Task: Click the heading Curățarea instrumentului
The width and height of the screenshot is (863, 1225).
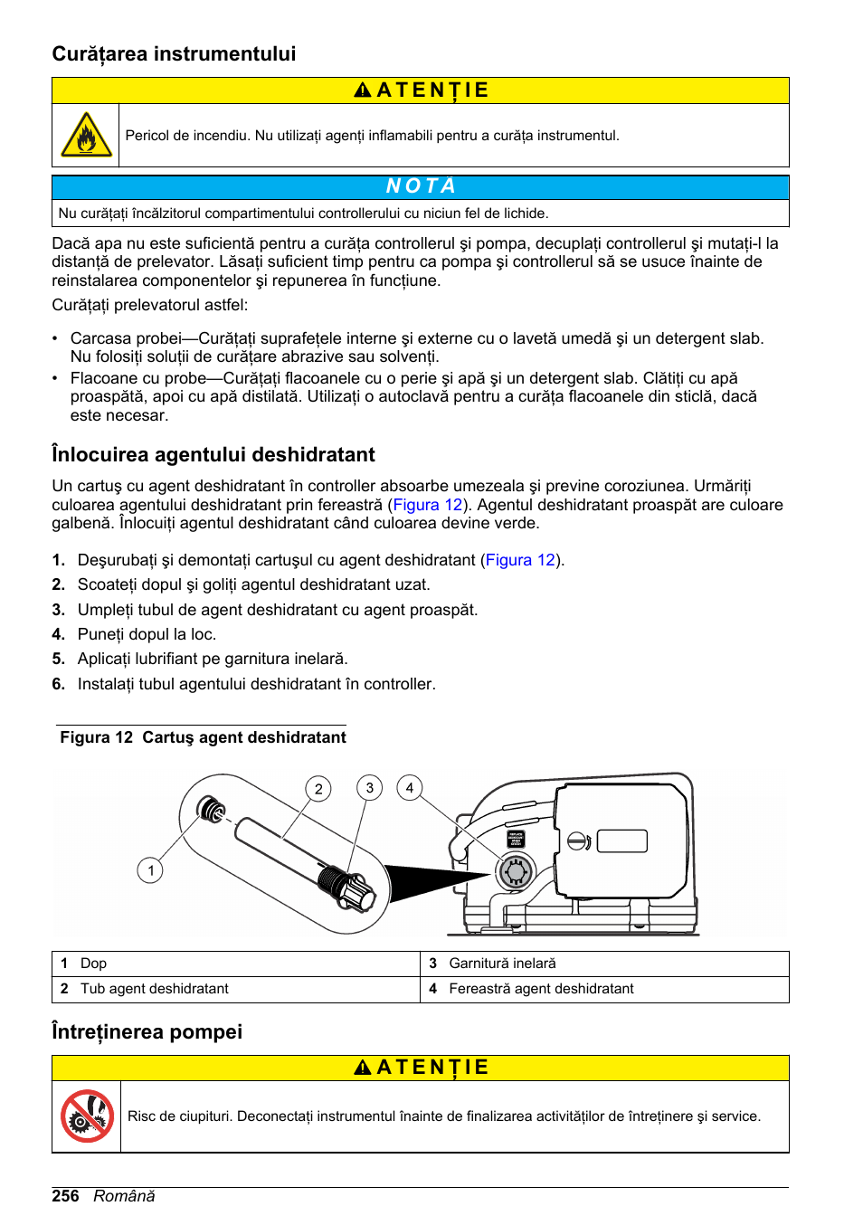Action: tap(174, 54)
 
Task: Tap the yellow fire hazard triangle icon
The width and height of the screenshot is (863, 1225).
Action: tap(86, 136)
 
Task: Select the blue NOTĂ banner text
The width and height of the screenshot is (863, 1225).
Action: tap(421, 186)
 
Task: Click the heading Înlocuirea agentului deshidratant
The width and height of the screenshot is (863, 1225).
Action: tap(213, 454)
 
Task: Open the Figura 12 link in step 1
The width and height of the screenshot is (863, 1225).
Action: tap(520, 560)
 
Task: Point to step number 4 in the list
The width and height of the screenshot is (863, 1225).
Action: tap(58, 634)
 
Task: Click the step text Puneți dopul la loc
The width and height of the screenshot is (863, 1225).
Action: tap(147, 634)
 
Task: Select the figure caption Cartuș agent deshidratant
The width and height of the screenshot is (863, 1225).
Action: tap(244, 737)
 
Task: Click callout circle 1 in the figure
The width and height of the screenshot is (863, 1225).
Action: tap(150, 870)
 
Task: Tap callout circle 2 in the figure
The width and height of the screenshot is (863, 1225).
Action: tap(318, 789)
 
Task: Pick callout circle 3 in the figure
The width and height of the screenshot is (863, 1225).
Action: tap(369, 788)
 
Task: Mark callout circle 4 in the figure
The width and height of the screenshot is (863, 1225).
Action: tap(410, 788)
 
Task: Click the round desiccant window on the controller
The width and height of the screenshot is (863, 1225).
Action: tap(516, 871)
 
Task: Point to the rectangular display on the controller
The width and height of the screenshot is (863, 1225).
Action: tap(621, 840)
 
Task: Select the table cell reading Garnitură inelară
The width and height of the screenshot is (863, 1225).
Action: tap(502, 964)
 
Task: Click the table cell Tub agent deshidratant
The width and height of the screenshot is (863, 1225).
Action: tap(154, 989)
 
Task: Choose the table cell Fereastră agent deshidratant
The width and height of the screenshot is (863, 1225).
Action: tap(541, 989)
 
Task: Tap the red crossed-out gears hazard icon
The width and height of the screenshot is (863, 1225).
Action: tap(87, 1116)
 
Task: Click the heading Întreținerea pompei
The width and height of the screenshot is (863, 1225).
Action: tap(147, 1031)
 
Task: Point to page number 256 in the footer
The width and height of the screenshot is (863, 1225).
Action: tap(65, 1196)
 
